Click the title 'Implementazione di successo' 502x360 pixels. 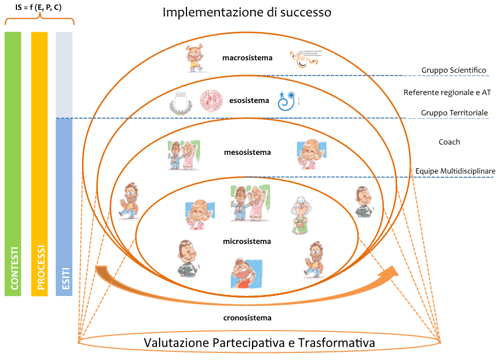pyautogui.click(x=247, y=12)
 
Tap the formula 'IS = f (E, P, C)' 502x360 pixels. pyautogui.click(x=38, y=7)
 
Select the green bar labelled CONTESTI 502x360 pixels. pyautogui.click(x=13, y=164)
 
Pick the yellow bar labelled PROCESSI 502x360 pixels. pyautogui.click(x=40, y=164)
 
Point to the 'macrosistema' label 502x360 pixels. pyautogui.click(x=247, y=57)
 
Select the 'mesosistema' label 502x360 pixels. pyautogui.click(x=247, y=153)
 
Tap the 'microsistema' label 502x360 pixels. pyautogui.click(x=247, y=241)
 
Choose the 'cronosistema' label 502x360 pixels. pyautogui.click(x=247, y=317)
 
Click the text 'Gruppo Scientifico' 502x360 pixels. pyautogui.click(x=453, y=71)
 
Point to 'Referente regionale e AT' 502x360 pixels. pyautogui.click(x=446, y=92)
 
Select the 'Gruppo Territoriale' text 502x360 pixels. pyautogui.click(x=454, y=113)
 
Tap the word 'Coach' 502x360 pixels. pyautogui.click(x=449, y=142)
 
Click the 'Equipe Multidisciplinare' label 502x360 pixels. pyautogui.click(x=455, y=171)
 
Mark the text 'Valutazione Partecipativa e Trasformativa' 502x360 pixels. pyautogui.click(x=259, y=343)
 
